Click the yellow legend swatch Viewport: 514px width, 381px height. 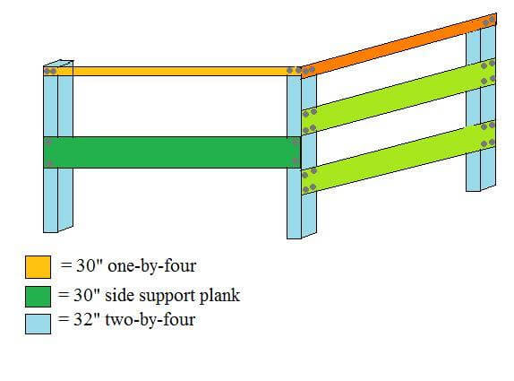[x=38, y=267]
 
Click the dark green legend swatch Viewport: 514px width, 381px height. [x=38, y=297]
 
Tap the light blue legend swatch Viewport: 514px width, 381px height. [x=38, y=324]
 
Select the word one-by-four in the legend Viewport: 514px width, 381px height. [x=151, y=265]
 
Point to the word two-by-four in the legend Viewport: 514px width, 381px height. [x=150, y=320]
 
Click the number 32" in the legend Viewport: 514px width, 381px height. [x=86, y=319]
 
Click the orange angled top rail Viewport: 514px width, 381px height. [x=398, y=46]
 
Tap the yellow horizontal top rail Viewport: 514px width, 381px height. [x=173, y=71]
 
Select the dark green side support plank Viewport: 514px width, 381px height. [x=172, y=152]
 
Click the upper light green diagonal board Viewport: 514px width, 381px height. [x=398, y=97]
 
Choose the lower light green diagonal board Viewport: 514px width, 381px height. [x=398, y=158]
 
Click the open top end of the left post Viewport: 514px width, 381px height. [x=58, y=63]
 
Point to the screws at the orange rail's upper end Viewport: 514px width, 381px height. [x=489, y=22]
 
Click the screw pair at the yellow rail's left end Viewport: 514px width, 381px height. [x=50, y=71]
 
